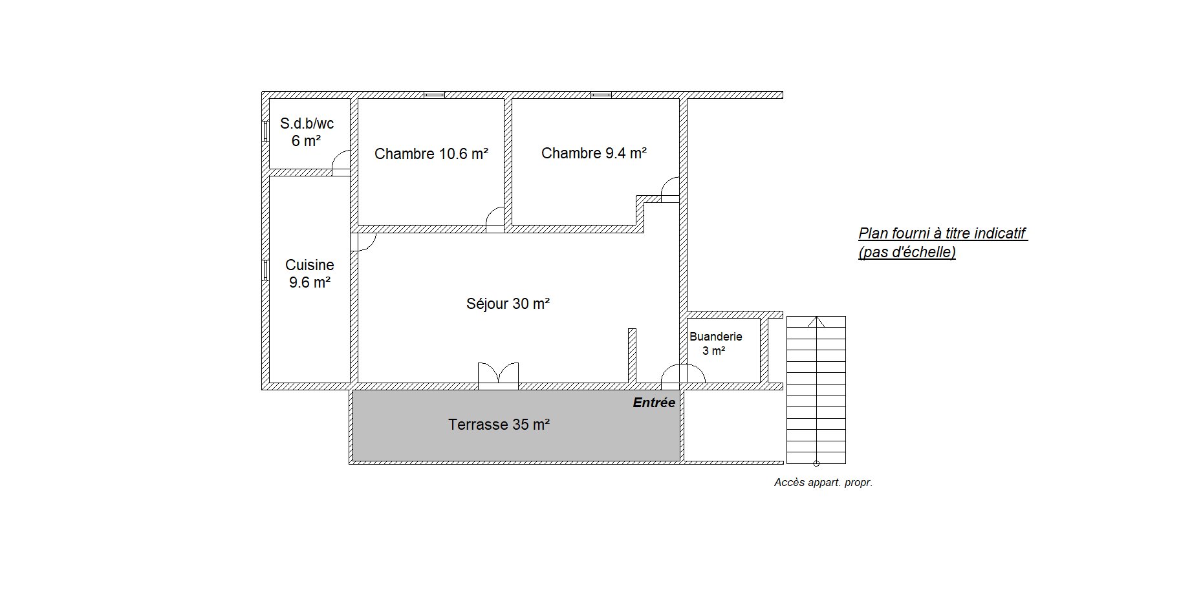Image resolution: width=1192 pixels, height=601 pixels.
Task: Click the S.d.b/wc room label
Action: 307,132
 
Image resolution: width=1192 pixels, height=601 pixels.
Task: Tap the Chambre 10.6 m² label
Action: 431,154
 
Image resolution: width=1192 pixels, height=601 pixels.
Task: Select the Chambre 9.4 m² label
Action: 594,153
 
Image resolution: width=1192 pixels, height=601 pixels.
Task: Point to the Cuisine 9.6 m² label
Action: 310,273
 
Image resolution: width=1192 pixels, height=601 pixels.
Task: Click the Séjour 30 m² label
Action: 508,303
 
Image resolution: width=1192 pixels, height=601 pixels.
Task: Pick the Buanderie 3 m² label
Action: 715,344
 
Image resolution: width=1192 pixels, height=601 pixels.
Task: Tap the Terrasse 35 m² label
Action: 499,425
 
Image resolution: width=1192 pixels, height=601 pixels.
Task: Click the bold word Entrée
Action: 654,403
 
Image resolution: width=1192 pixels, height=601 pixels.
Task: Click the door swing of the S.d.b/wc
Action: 341,162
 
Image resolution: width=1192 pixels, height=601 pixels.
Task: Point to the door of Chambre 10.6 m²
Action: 495,219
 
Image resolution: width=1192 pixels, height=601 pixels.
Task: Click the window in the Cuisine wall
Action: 265,270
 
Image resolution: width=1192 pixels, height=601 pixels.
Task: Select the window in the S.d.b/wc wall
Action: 265,131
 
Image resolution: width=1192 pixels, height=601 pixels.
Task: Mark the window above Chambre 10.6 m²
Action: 434,95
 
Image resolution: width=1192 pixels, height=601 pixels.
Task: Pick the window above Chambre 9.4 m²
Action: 601,95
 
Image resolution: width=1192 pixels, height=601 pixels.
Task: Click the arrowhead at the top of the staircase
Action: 816,321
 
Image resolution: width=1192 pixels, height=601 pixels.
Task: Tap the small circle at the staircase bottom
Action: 816,463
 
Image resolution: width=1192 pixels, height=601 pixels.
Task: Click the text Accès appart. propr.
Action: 823,482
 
